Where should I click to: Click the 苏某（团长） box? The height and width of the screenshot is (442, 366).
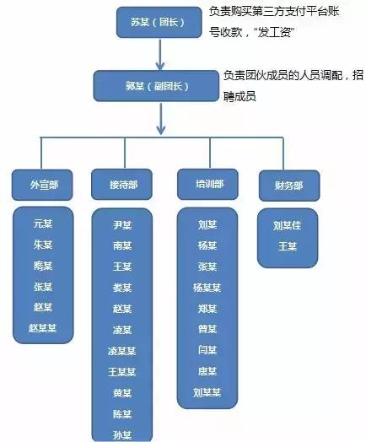158,22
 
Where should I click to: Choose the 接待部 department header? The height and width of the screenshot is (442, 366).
122,185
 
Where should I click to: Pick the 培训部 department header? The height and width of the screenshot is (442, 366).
207,183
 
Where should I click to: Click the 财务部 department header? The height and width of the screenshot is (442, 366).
287,183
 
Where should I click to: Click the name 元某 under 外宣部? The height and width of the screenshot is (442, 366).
42,224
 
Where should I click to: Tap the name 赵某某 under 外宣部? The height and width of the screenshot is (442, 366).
42,327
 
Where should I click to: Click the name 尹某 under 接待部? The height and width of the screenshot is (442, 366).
122,225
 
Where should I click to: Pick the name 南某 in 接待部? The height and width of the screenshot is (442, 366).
122,245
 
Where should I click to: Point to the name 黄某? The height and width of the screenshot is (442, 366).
122,392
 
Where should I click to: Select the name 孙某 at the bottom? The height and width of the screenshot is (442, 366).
122,434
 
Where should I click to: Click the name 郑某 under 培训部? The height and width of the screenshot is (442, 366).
207,309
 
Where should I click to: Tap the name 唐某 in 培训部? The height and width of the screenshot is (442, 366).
207,371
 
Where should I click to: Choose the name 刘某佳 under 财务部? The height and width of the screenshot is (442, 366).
287,225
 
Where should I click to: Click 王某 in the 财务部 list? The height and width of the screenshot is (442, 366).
287,246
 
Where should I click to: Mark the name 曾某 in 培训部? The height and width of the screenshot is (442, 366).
207,329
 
